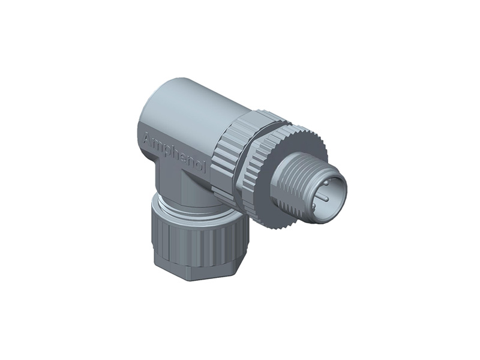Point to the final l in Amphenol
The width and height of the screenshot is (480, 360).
point(205,169)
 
